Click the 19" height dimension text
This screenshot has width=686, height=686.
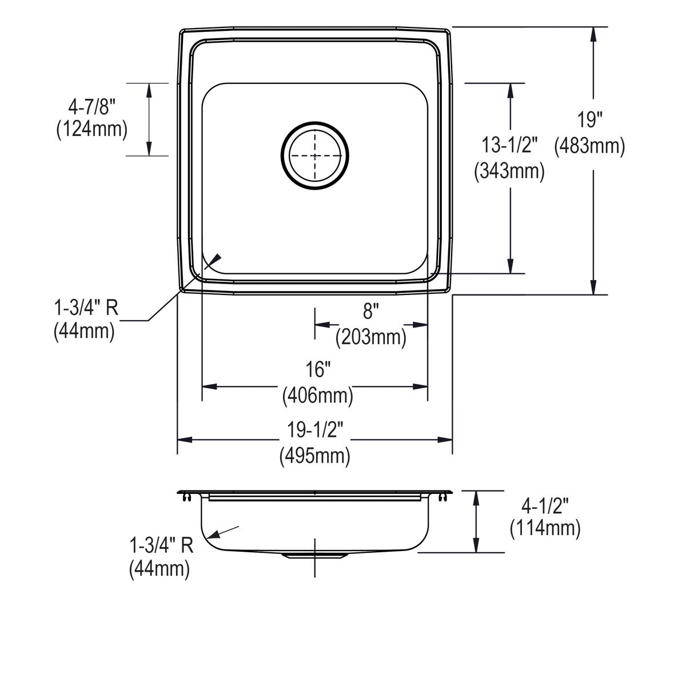click(590, 121)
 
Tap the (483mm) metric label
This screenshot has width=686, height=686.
click(590, 146)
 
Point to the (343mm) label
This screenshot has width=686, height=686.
click(509, 171)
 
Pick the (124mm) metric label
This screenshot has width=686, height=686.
click(91, 129)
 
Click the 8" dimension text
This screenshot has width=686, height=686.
click(370, 312)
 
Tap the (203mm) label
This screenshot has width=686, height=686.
click(370, 337)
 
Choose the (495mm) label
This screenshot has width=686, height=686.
click(315, 456)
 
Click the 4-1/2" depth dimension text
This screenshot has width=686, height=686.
click(545, 505)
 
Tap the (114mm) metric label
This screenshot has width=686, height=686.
click(545, 529)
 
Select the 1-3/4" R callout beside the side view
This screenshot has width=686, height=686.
click(161, 545)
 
